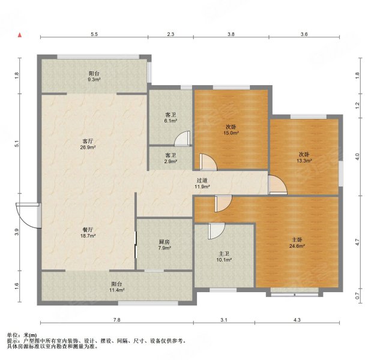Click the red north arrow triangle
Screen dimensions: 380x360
pos(20,35)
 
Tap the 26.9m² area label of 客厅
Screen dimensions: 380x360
pos(88,147)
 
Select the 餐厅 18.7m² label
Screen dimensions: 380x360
pos(88,232)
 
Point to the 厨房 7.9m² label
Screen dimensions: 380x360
pos(164,245)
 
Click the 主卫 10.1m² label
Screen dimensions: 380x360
pos(224,257)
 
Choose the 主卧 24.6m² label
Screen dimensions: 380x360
pos(297,243)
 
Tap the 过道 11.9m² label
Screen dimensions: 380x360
pos(202,184)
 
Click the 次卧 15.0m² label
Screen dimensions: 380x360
pos(231,130)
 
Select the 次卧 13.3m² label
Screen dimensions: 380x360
pos(304,157)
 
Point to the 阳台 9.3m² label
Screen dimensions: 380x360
pos(94,76)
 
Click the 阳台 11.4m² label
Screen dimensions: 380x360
pos(116,287)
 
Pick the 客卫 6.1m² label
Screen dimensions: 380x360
pos(170,118)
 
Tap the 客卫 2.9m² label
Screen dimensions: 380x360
pos(170,158)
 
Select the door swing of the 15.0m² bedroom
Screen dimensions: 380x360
pos(208,162)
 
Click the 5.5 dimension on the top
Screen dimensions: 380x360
pos(94,34)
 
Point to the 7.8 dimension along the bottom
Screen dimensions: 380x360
pos(116,320)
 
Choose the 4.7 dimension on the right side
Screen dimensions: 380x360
pos(357,242)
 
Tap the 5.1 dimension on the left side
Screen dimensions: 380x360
pos(16,144)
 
